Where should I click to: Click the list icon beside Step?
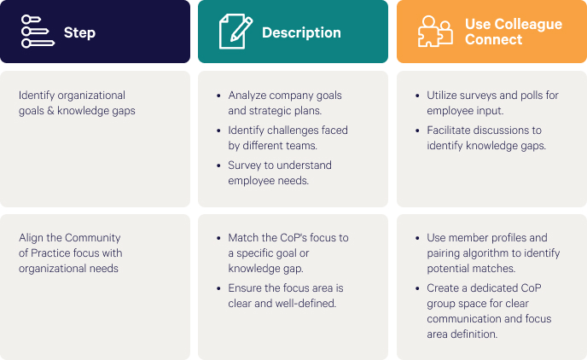click(38, 32)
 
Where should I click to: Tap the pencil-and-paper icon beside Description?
click(235, 32)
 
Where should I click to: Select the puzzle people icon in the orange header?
click(435, 32)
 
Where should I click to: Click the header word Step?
click(79, 32)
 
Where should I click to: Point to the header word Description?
click(301, 32)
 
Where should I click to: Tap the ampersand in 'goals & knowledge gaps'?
click(50, 111)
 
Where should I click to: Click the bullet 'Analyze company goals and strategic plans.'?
click(285, 103)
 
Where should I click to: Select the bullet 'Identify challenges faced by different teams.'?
click(288, 137)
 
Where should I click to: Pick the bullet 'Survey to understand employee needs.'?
click(280, 172)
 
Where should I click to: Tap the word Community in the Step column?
click(93, 238)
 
